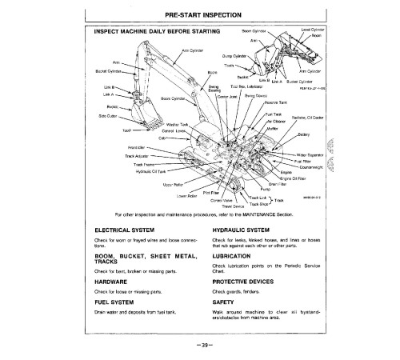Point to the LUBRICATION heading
click(236, 257)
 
